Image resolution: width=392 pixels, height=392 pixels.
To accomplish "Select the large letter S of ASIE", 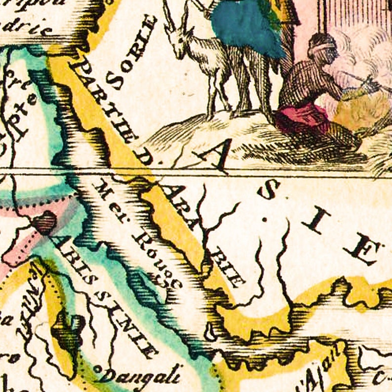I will pyautogui.click(x=271, y=190).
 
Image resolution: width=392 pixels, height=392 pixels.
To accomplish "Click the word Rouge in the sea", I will pyautogui.click(x=157, y=259).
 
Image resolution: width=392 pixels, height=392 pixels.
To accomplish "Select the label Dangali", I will pyautogui.click(x=141, y=375).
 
